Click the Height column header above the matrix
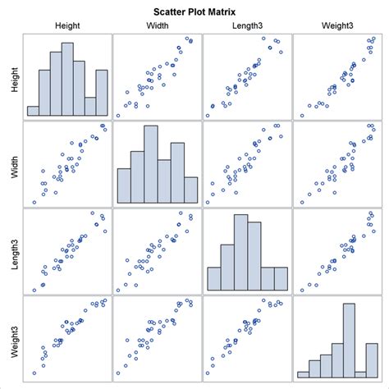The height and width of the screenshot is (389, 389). [x=67, y=26]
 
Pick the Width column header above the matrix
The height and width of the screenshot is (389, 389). [x=157, y=26]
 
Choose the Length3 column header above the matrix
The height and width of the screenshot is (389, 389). [x=246, y=26]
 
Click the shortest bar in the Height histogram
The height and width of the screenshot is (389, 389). [x=33, y=111]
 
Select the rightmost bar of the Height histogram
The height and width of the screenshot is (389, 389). [x=101, y=93]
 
